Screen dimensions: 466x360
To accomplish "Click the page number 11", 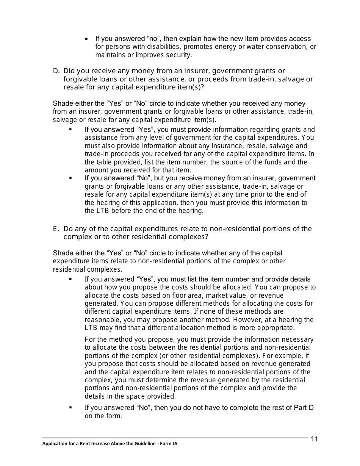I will click(x=314, y=439).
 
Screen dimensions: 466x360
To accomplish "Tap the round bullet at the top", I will click(x=87, y=39).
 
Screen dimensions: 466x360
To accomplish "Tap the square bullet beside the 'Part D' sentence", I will click(x=70, y=408).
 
